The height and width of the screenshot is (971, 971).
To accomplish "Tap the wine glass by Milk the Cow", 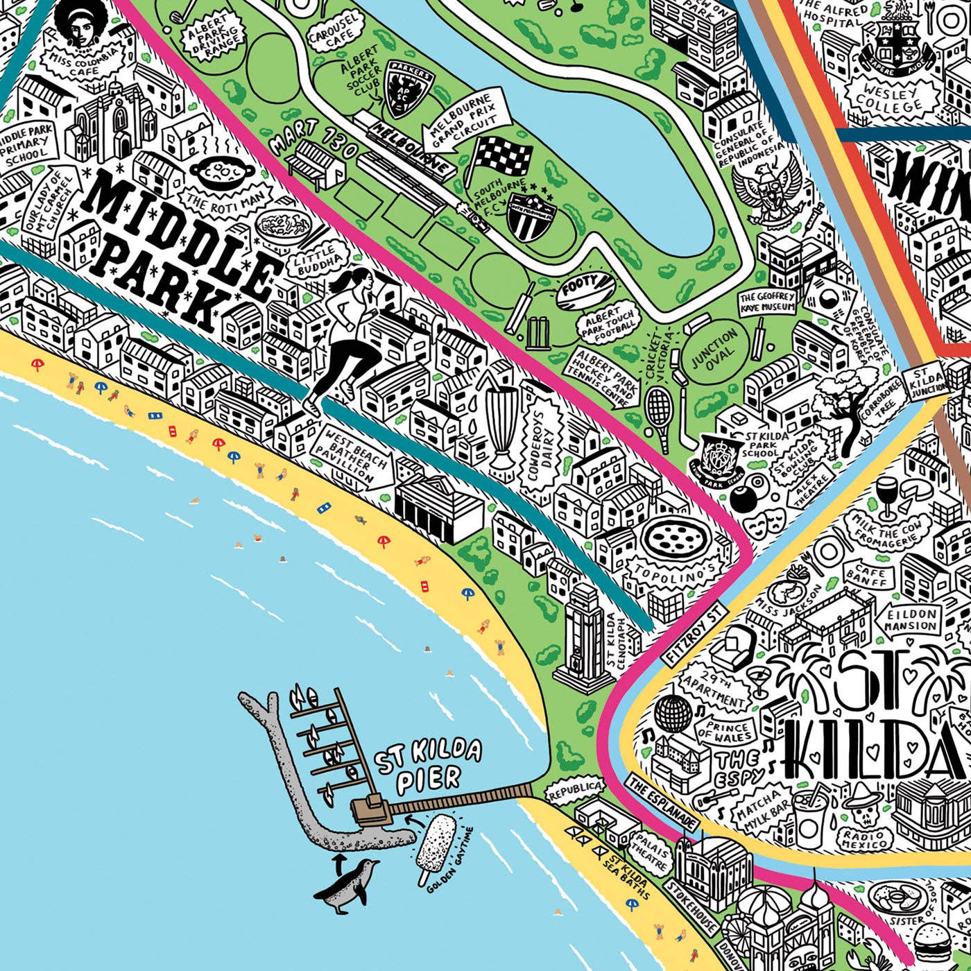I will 886,497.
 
